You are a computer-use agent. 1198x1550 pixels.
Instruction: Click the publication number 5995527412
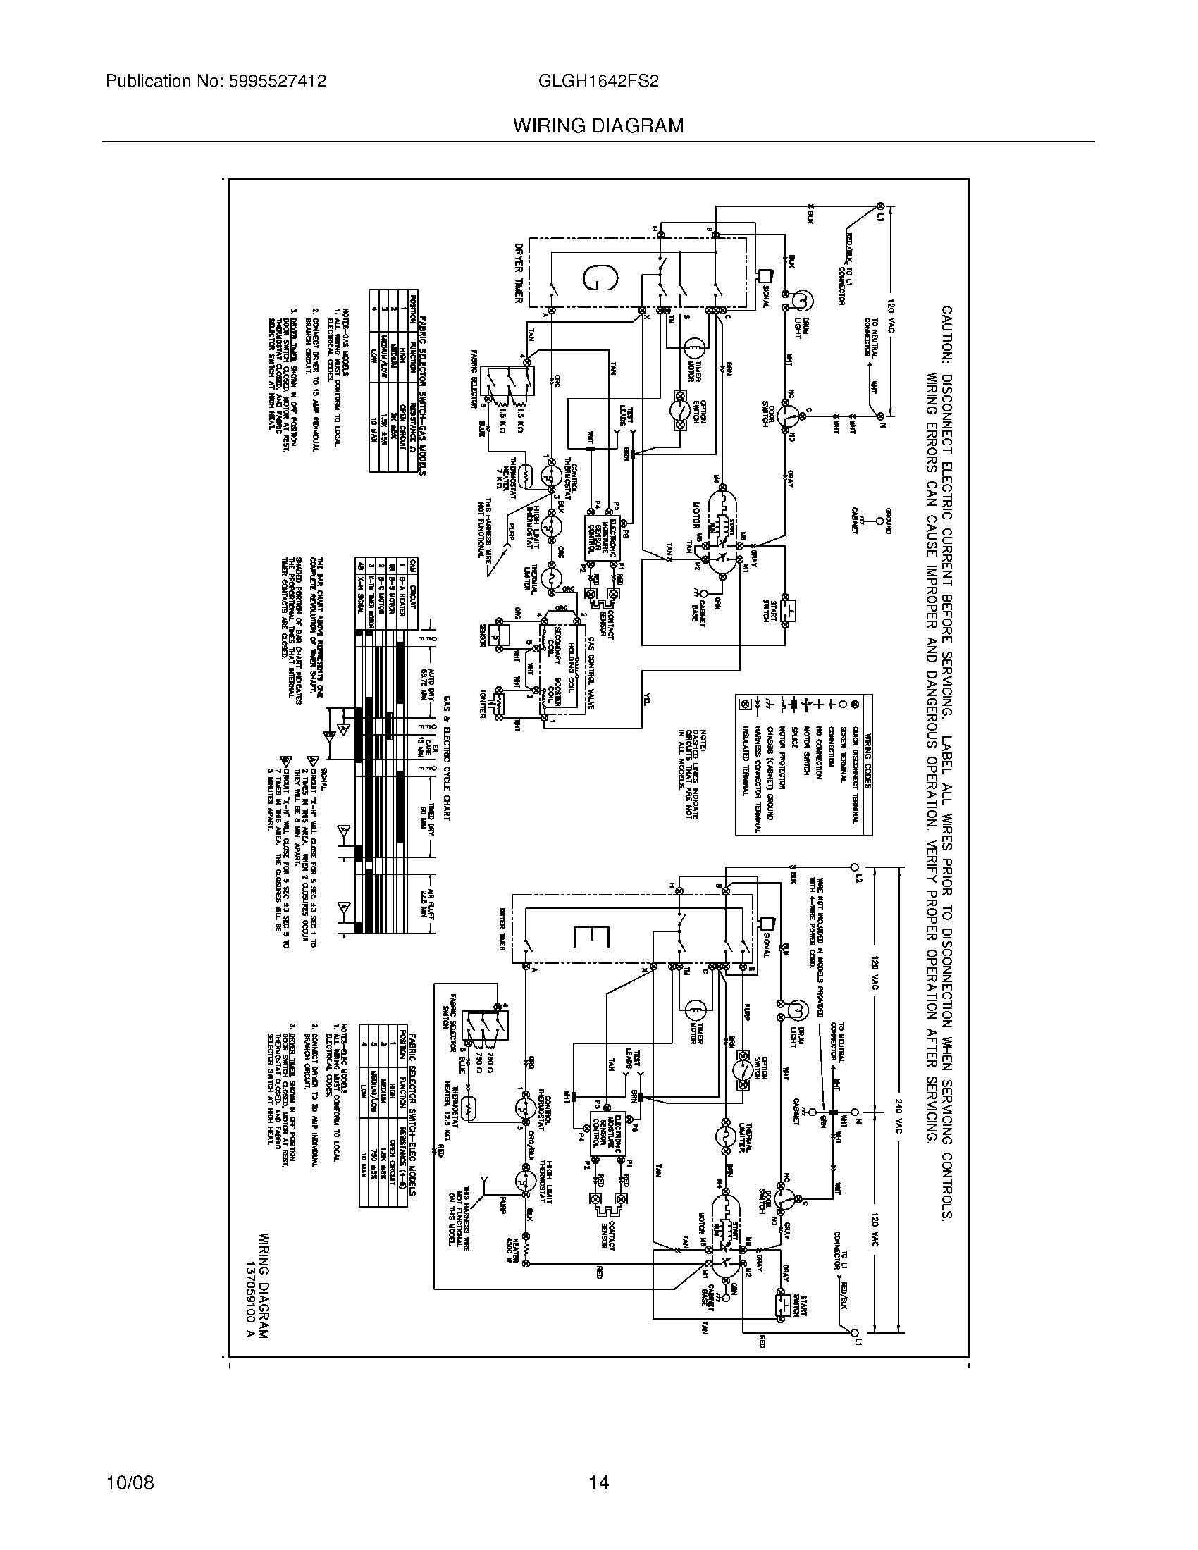pos(278,82)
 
